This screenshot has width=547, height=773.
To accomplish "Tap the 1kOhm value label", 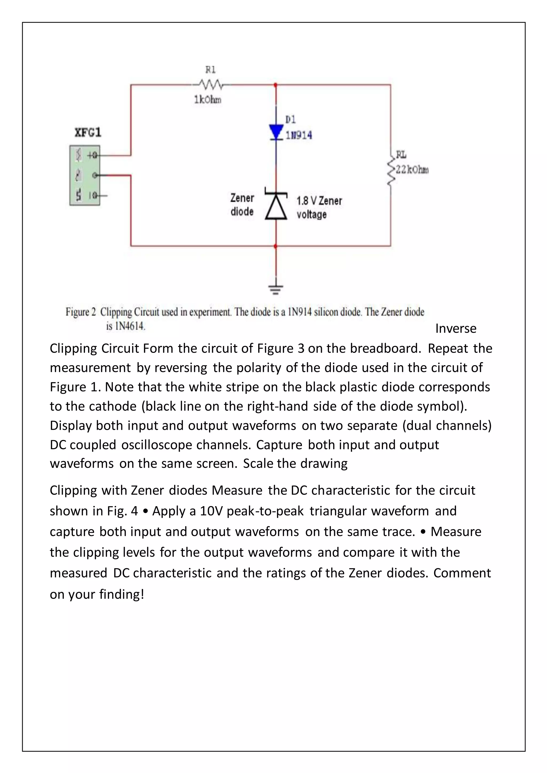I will [x=208, y=100].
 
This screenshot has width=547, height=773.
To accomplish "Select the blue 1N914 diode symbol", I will [x=276, y=132].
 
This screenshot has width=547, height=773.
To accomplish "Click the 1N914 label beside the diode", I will [x=299, y=135].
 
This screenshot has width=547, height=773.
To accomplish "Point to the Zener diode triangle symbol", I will [x=276, y=206].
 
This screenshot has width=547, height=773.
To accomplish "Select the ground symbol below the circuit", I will [x=276, y=289].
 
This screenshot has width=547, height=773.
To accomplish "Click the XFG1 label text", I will [x=88, y=133].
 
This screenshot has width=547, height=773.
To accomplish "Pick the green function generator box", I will [x=85, y=175].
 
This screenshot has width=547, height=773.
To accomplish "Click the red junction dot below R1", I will [x=276, y=85].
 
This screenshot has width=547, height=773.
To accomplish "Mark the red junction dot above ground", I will [x=276, y=246].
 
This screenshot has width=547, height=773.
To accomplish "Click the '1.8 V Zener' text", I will [x=319, y=201].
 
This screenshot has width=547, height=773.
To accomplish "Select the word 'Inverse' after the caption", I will [x=456, y=329].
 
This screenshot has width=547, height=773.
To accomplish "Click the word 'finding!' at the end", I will [x=122, y=594].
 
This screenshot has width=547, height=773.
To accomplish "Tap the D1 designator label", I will [x=290, y=120].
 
